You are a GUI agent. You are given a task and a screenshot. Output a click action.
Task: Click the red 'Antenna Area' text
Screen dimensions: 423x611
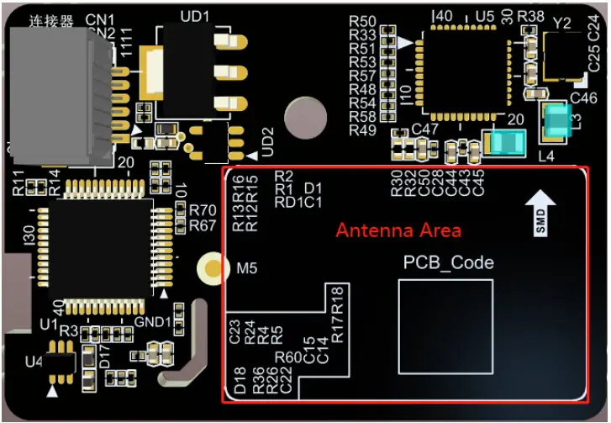coord(398,230)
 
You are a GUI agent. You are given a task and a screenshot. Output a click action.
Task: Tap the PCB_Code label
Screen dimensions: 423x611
coord(448,263)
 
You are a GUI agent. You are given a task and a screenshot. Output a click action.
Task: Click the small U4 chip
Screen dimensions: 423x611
coord(60,362)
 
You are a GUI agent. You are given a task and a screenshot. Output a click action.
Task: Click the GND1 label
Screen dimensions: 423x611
coord(152,322)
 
